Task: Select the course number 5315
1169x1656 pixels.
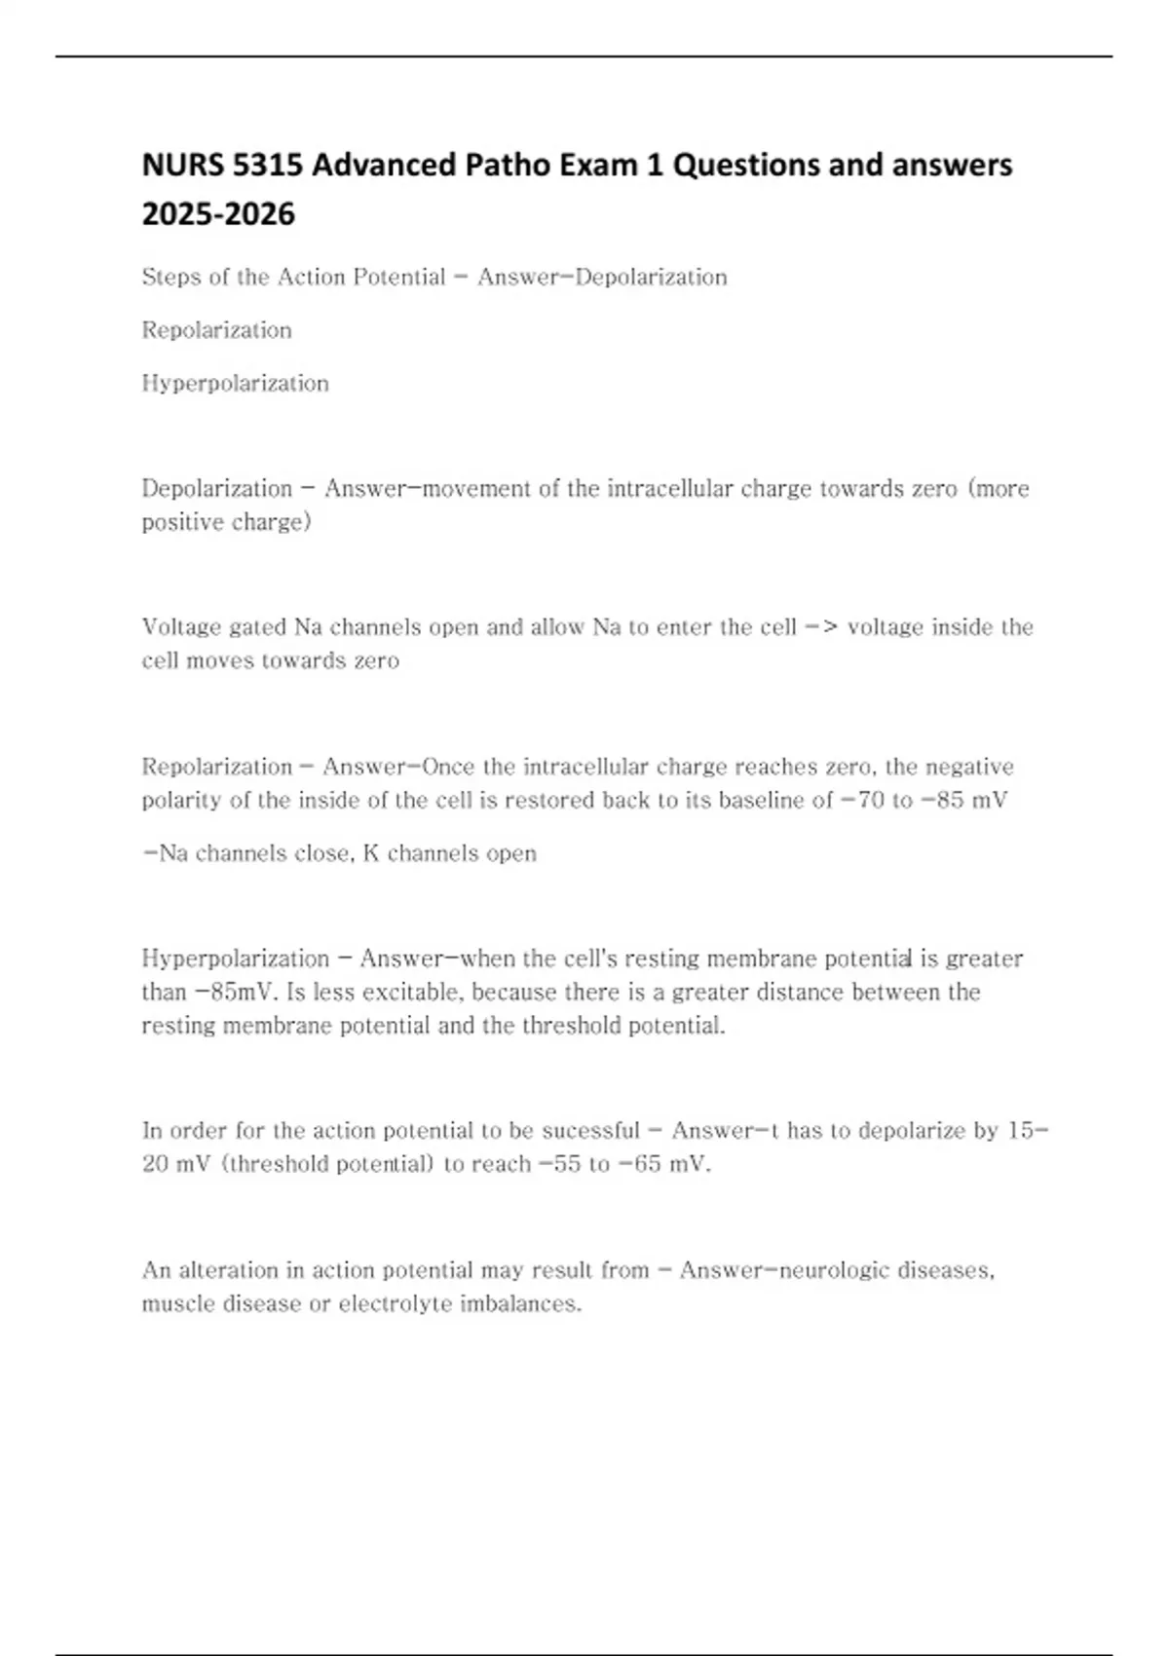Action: (x=269, y=166)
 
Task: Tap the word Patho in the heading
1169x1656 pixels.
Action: (x=508, y=166)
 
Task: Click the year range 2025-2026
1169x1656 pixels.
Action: (x=218, y=214)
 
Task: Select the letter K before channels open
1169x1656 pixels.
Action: (x=370, y=853)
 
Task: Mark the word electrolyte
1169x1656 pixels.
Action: (x=395, y=1304)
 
